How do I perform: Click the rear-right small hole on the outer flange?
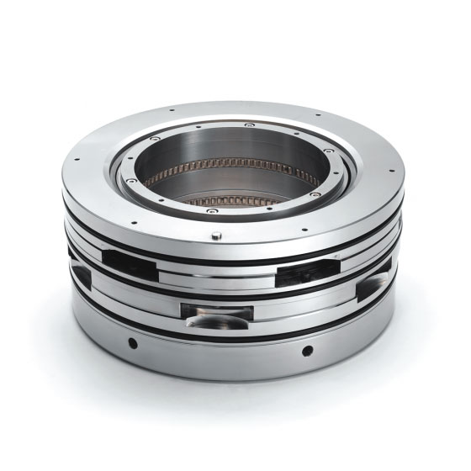[x=317, y=116]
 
